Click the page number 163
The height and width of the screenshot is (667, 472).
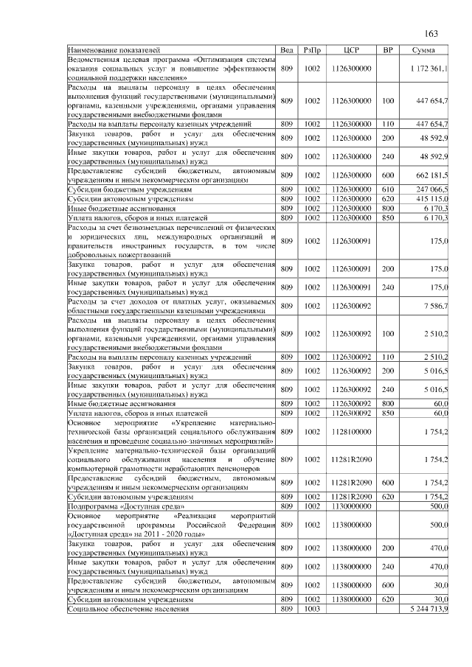coord(431,34)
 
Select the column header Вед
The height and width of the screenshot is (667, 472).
coord(288,49)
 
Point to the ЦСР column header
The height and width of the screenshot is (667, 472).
coord(351,49)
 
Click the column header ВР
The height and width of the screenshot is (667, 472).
coord(388,49)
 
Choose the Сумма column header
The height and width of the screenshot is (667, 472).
coord(424,49)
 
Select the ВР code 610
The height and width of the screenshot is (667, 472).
coord(388,190)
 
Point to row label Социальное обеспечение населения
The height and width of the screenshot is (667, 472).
coord(128,610)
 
